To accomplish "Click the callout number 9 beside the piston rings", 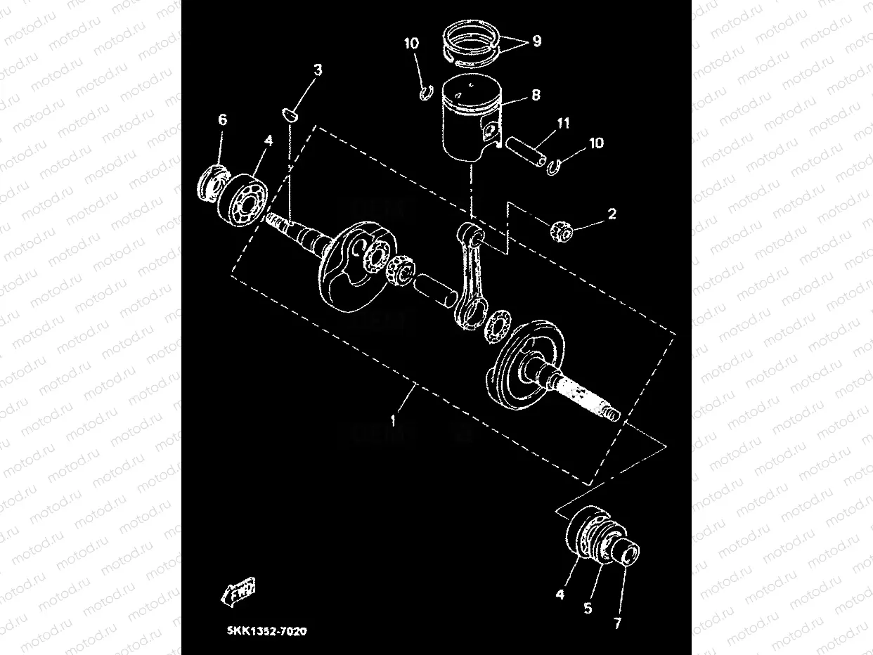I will (536, 41).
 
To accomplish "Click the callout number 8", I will (536, 95).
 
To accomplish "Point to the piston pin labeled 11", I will (526, 155).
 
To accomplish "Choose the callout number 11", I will (563, 124).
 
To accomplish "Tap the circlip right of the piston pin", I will (554, 166).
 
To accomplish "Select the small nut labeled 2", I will (562, 229).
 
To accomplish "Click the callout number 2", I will (612, 214).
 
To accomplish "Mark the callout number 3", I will (318, 70).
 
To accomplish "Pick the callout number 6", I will (222, 120).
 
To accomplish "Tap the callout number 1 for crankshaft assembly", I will (394, 421).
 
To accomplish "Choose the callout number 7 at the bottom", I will (618, 623).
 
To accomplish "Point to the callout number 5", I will (588, 609).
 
